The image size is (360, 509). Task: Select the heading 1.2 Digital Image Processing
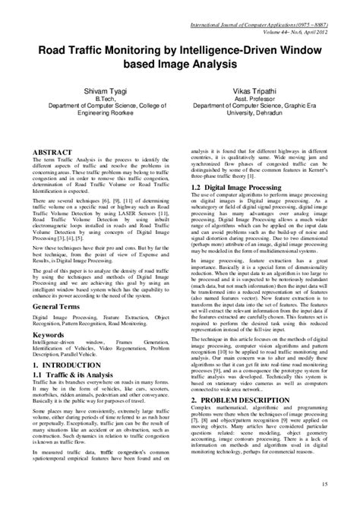pyautogui.click(x=239, y=186)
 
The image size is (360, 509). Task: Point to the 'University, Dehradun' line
pyautogui.click(x=254, y=115)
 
